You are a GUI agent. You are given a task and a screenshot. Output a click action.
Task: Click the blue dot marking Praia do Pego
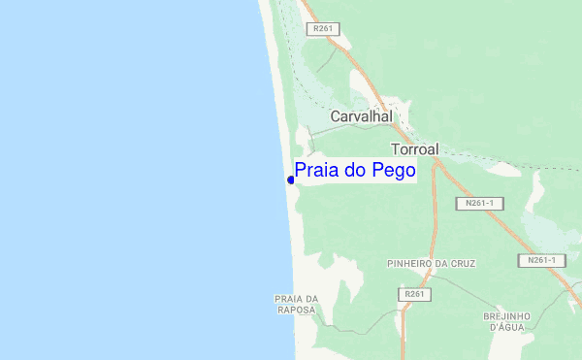[x=291, y=180]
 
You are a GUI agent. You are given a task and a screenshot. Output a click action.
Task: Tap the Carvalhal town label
[x=361, y=116]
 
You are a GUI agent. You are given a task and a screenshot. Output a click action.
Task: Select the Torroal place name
[x=415, y=149]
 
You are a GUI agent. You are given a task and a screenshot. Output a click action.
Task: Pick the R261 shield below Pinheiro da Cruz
[x=414, y=294]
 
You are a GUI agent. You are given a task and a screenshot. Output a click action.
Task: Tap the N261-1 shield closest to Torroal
[x=479, y=204]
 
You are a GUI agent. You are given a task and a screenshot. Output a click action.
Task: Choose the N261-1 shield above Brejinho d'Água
[x=541, y=260]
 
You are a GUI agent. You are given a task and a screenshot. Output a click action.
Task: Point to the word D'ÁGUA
[x=507, y=328]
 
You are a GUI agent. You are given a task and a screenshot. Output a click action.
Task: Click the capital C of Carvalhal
[x=336, y=116]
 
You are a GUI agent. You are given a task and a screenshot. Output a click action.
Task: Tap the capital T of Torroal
[x=395, y=149]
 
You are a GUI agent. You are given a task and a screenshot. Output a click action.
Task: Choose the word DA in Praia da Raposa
[x=312, y=298]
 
